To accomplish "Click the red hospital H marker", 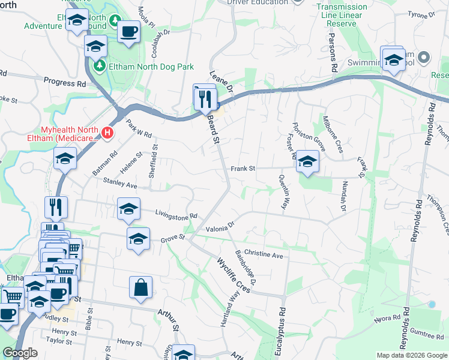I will point(107,132).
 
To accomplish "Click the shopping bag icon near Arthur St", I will point(140,287).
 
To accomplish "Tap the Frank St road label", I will point(243,169).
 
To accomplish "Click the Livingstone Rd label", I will point(176,214).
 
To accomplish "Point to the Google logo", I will point(20,353).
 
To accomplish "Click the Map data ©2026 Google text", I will point(411,355).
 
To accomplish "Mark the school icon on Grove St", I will point(138,240).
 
